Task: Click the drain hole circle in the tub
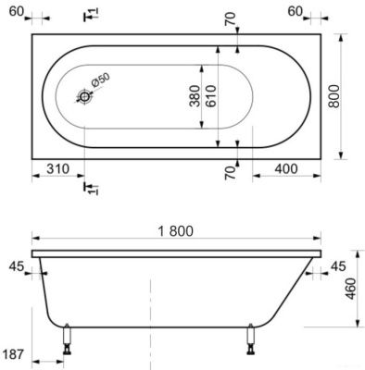tap(85, 95)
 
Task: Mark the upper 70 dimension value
tap(231, 18)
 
